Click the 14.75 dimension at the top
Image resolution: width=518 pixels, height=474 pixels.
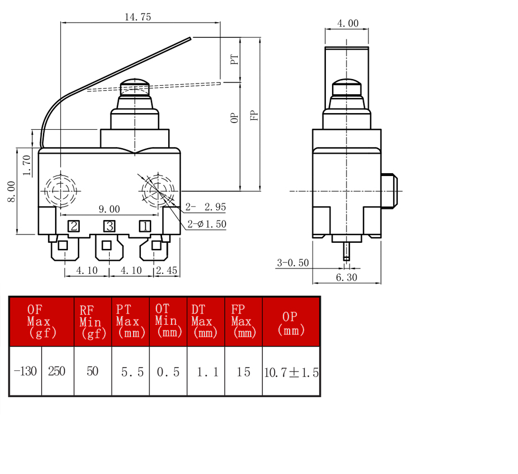coord(138,17)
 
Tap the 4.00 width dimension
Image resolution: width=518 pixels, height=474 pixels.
coord(348,23)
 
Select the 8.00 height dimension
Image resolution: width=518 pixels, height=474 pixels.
coord(12,191)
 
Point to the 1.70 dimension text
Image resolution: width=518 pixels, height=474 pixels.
coord(27,165)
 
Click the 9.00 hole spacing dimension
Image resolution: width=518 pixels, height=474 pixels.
coord(109,209)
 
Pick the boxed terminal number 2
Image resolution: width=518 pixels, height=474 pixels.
coord(74,226)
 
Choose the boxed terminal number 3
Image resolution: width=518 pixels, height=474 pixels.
coord(109,226)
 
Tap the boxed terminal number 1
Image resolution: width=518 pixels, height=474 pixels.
coord(145,226)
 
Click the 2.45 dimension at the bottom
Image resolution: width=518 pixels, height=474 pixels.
coord(167,271)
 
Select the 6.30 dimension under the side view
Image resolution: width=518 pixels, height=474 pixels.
coord(346,277)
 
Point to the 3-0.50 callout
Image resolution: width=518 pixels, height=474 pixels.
coord(292,263)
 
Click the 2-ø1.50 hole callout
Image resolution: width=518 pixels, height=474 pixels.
coord(207,224)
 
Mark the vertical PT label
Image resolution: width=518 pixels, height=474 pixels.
coord(234,60)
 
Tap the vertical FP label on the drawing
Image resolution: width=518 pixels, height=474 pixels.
coord(254,115)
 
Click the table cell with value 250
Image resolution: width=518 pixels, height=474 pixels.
coord(57,371)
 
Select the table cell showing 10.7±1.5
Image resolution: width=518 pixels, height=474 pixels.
coord(291,371)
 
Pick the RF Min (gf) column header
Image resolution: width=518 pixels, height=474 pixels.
coord(93,322)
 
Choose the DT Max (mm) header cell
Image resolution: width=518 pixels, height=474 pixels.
coord(206,322)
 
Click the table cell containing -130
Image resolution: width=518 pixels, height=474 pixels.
coord(26,371)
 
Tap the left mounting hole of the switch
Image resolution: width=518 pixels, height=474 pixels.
coord(61,190)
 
